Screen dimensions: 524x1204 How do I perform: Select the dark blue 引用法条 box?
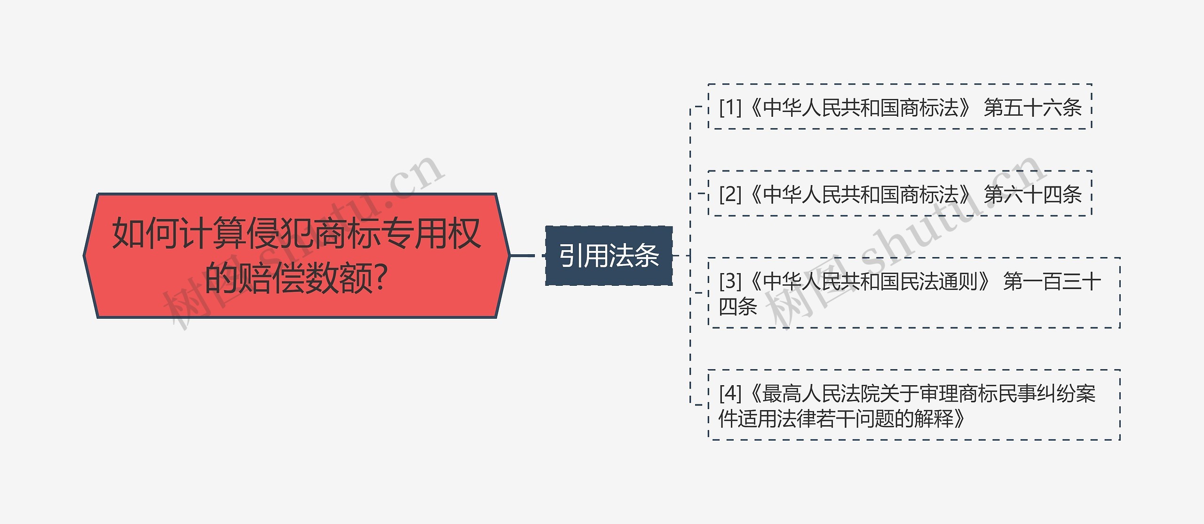pyautogui.click(x=609, y=256)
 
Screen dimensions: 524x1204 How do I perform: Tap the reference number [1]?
pyautogui.click(x=730, y=107)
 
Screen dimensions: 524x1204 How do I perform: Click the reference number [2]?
pyautogui.click(x=730, y=194)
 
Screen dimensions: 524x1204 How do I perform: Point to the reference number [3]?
pyautogui.click(x=730, y=282)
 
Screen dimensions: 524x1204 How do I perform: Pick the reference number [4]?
pyautogui.click(x=730, y=393)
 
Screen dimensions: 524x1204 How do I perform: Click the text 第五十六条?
pyautogui.click(x=1033, y=107)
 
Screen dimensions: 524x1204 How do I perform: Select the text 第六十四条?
pyautogui.click(x=1033, y=194)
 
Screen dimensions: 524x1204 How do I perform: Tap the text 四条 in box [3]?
pyautogui.click(x=737, y=306)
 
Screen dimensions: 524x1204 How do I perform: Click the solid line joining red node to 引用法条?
pyautogui.click(x=522, y=256)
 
